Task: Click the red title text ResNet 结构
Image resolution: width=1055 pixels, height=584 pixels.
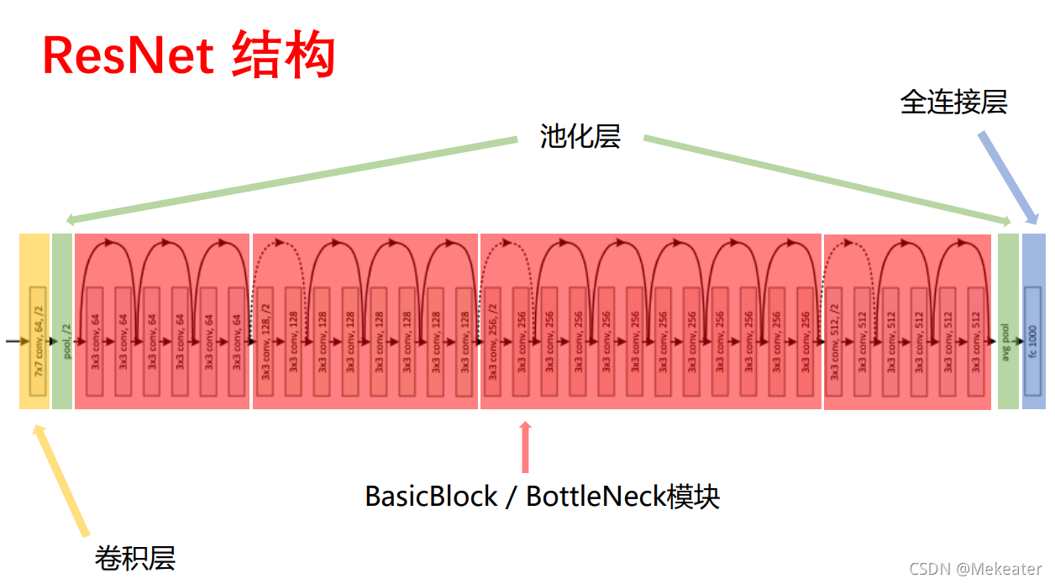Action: [189, 55]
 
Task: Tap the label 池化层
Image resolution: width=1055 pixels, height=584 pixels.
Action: [580, 136]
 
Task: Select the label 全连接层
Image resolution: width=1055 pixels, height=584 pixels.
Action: [953, 102]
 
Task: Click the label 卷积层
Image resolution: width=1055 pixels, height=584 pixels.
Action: [134, 557]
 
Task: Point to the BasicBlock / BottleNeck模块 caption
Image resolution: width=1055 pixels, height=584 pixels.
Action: [543, 496]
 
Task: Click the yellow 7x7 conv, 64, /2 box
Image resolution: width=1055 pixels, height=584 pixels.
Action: [36, 341]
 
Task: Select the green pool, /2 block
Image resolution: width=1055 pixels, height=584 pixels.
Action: [62, 321]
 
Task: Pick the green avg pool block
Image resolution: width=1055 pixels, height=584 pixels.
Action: [1007, 321]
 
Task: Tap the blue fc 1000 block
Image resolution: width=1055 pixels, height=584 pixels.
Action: [1033, 341]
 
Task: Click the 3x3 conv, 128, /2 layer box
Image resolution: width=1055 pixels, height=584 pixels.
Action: [265, 341]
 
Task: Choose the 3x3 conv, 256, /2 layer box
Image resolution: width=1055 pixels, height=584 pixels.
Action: [493, 341]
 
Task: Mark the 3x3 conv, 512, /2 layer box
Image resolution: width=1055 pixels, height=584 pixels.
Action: [835, 341]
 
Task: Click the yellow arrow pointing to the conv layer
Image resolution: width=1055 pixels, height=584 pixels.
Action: [60, 479]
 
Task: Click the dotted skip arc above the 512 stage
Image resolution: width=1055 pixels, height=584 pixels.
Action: [848, 246]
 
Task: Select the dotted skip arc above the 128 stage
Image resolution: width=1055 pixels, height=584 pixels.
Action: [280, 246]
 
